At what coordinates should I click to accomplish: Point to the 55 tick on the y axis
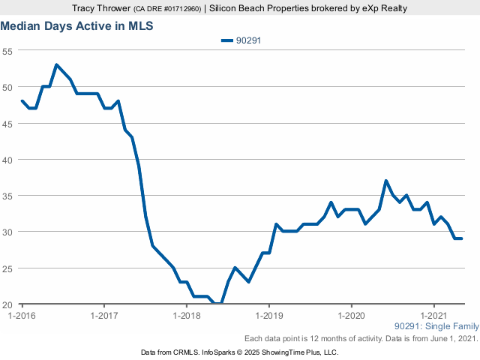point(7,51)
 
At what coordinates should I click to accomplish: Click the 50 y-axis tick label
point(7,87)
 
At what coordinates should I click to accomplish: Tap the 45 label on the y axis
point(7,123)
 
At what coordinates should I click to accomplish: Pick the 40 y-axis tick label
point(7,160)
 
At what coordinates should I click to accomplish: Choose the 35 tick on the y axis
point(7,196)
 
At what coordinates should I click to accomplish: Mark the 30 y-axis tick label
point(7,232)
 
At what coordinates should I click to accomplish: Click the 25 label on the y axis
point(7,268)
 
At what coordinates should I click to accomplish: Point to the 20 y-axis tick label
point(7,304)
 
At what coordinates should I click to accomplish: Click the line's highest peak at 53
point(56,64)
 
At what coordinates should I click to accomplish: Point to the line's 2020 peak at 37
point(385,181)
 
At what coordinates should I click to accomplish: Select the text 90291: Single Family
point(436,327)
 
